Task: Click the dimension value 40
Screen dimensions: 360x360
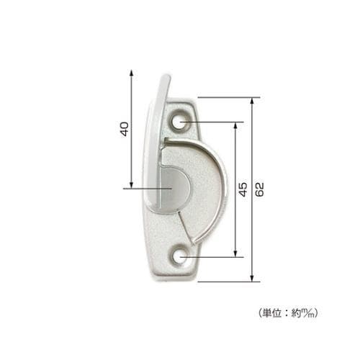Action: [123, 129]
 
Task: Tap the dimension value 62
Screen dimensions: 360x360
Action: [260, 189]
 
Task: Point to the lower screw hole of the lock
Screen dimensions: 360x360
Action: [181, 256]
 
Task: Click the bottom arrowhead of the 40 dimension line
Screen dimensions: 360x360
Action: [132, 184]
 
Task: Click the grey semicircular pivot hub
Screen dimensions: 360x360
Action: [172, 189]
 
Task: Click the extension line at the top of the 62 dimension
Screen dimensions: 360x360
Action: [227, 96]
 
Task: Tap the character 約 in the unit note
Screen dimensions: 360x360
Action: [297, 313]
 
